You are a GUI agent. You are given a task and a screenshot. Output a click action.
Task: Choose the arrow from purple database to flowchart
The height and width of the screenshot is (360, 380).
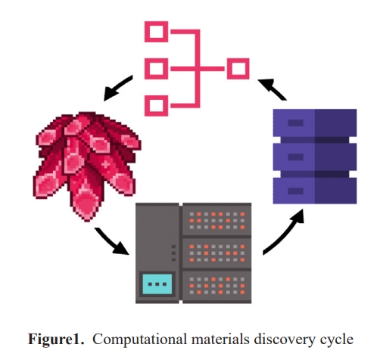273,88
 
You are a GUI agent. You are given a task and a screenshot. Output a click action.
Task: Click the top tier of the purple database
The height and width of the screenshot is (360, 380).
315,123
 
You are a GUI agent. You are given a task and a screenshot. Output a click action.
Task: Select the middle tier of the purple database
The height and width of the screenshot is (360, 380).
315,157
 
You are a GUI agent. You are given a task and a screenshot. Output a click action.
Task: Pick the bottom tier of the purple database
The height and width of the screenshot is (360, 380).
315,191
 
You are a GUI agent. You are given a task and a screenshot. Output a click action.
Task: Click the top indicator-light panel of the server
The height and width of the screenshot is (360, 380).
217,221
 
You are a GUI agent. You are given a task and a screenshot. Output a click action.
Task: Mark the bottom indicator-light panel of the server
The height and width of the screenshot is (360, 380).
217,287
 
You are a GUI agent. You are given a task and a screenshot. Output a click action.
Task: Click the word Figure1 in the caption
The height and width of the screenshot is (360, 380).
56,339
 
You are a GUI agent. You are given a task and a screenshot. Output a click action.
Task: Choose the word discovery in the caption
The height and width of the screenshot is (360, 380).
285,340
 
